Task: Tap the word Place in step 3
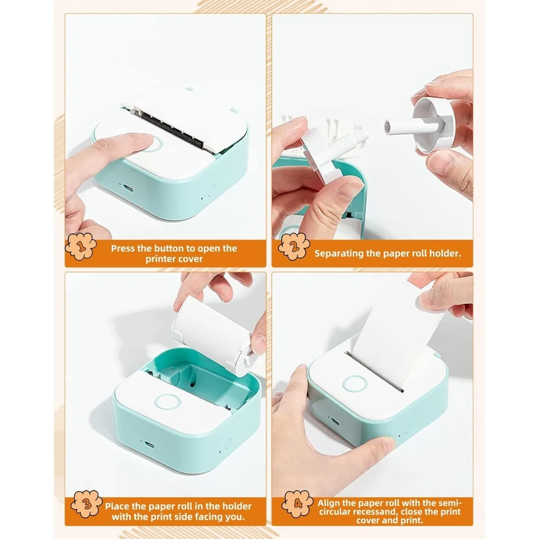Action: coord(118,506)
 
